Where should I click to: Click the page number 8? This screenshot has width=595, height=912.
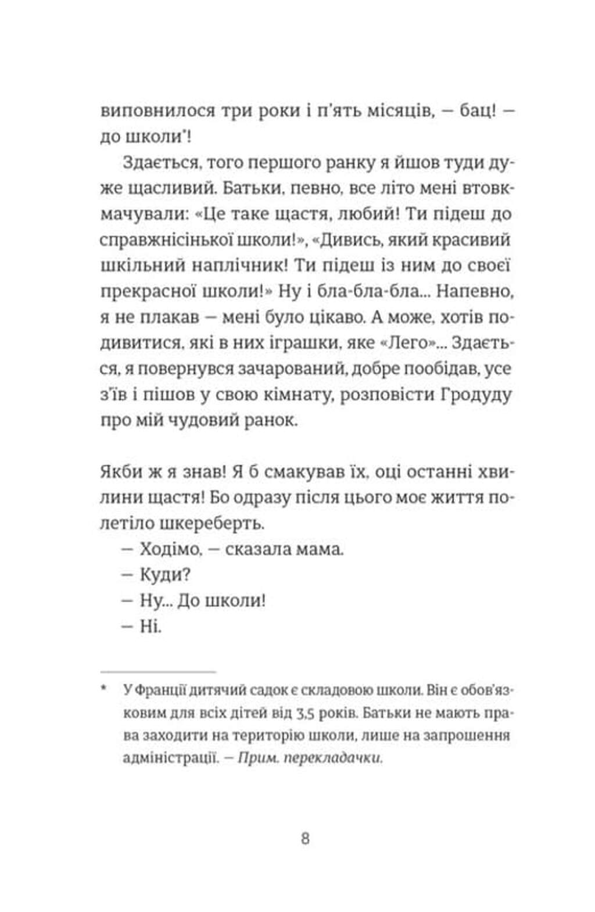pos(306,839)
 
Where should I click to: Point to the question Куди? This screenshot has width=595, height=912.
pos(165,575)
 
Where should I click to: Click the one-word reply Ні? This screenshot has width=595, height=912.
pos(150,627)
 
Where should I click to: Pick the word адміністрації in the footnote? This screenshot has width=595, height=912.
pos(169,758)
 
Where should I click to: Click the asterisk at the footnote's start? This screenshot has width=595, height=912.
pos(104,689)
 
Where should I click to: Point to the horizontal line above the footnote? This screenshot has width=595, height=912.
pos(158,671)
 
